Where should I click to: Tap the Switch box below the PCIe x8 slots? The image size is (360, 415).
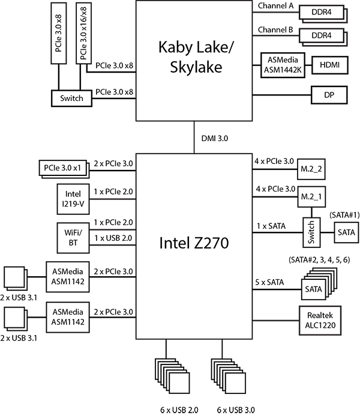click(71, 98)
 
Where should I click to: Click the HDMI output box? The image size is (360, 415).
click(329, 65)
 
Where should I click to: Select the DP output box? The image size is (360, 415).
click(329, 94)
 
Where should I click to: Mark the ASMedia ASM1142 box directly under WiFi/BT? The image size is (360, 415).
click(68, 276)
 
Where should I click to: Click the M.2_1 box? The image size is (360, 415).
click(311, 197)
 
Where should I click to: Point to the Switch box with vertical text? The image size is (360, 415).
click(311, 232)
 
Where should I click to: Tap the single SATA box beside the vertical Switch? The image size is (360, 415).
click(346, 232)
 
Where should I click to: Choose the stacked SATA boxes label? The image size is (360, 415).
click(313, 289)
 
